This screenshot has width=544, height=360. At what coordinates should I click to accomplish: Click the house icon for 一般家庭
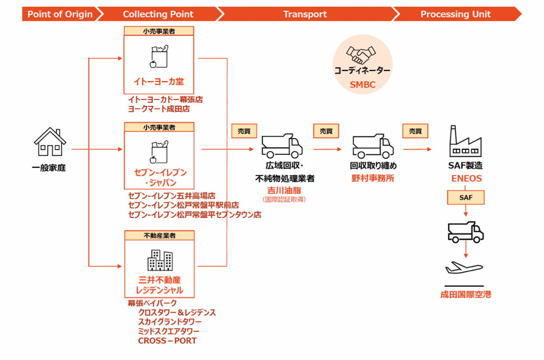pyautogui.click(x=50, y=142)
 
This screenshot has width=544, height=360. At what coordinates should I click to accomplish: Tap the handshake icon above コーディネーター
pyautogui.click(x=361, y=55)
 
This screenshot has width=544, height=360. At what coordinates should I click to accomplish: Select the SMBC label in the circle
pyautogui.click(x=362, y=85)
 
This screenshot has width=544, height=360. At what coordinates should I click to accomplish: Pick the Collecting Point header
pyautogui.click(x=158, y=14)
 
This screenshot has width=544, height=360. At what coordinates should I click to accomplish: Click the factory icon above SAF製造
pyautogui.click(x=465, y=141)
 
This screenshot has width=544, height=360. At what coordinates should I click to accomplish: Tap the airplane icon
pyautogui.click(x=464, y=268)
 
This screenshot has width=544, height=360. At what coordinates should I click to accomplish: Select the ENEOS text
pyautogui.click(x=466, y=178)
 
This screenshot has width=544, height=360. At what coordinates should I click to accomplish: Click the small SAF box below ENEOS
pyautogui.click(x=465, y=198)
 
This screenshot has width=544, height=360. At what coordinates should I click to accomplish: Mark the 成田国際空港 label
pyautogui.click(x=465, y=295)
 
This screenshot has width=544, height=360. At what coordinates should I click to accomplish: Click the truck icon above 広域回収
pyautogui.click(x=282, y=146)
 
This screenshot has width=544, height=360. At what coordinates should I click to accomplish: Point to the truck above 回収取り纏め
pyautogui.click(x=373, y=146)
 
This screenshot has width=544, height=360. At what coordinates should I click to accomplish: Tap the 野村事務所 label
pyautogui.click(x=373, y=178)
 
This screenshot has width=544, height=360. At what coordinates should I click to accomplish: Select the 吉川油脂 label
pyautogui.click(x=284, y=191)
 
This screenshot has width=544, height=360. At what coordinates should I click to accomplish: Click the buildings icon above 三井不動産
pyautogui.click(x=160, y=260)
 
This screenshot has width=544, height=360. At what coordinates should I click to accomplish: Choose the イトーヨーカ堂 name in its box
pyautogui.click(x=158, y=81)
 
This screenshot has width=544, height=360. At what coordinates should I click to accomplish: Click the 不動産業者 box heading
pyautogui.click(x=160, y=236)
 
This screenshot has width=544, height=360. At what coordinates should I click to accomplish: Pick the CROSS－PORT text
pyautogui.click(x=167, y=341)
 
